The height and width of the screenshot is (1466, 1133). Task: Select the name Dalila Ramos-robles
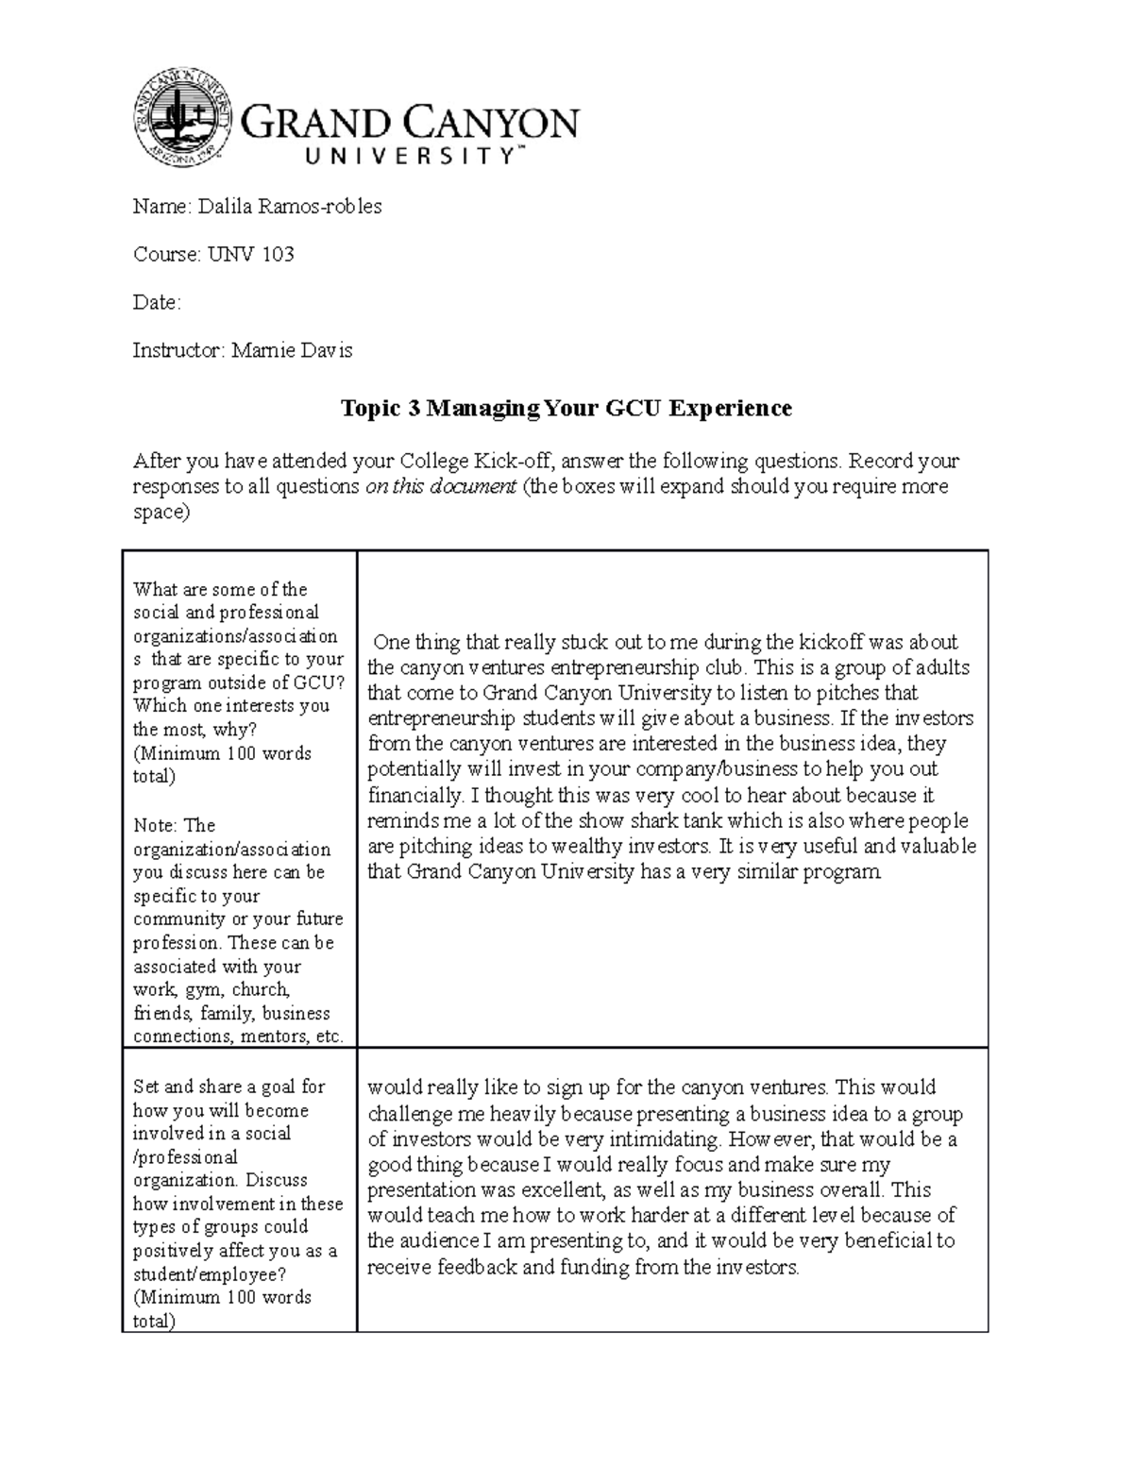[x=290, y=207]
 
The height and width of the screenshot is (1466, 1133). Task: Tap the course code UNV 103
[x=250, y=255]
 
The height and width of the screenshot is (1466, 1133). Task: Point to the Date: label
[x=156, y=303]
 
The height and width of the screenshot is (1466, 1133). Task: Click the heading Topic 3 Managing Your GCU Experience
[x=566, y=408]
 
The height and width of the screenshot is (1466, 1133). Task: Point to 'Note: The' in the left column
[x=175, y=825]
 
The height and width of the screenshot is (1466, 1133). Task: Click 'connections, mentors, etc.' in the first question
[x=238, y=1036]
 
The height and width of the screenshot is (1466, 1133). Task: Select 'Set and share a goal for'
[x=228, y=1087]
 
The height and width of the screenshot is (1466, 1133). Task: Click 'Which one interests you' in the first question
[x=231, y=706]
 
